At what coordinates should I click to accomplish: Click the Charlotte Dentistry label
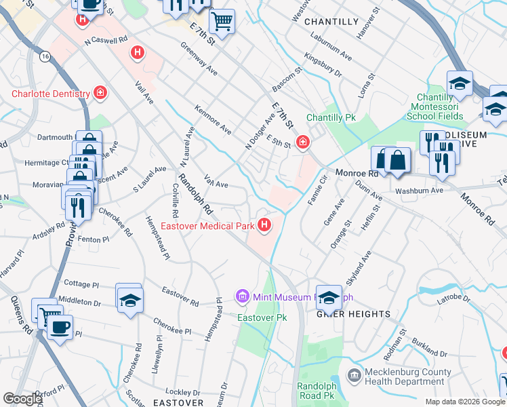tap(51, 94)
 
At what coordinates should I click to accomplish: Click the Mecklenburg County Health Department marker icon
tap(354, 375)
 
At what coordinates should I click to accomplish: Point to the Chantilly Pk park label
tap(331, 117)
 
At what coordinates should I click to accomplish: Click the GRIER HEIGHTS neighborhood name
tap(354, 314)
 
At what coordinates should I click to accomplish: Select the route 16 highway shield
tap(45, 55)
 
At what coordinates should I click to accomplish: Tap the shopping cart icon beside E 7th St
tap(222, 22)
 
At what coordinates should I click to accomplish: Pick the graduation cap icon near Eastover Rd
tap(129, 298)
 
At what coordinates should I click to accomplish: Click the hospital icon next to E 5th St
tap(302, 142)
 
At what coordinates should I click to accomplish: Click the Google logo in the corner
tap(22, 399)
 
